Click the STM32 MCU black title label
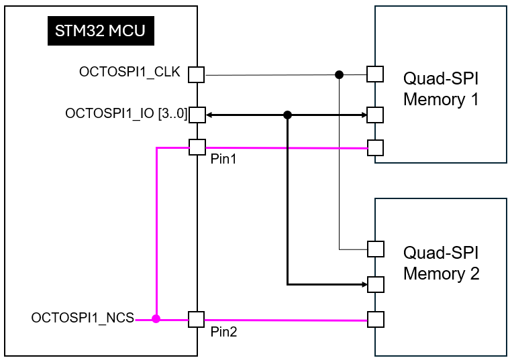click(101, 31)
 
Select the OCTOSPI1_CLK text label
click(130, 72)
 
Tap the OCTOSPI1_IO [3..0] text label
click(125, 113)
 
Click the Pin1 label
click(223, 161)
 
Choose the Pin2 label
click(223, 331)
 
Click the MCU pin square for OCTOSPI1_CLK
click(197, 74)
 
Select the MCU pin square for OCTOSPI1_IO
click(197, 115)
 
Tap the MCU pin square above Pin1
click(197, 147)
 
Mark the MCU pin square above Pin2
click(197, 319)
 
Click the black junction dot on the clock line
click(340, 74)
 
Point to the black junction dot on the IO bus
click(287, 115)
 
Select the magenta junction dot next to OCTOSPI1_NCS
click(156, 320)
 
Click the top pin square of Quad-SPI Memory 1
click(374, 74)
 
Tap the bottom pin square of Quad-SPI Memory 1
click(374, 147)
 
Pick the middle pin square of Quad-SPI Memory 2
click(375, 284)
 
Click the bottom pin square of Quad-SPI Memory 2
click(375, 319)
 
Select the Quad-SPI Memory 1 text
click(441, 88)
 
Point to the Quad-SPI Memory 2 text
click(441, 263)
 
